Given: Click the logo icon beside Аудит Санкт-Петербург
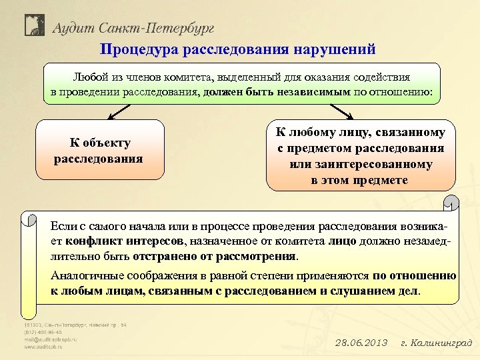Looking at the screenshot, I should click(x=35, y=26).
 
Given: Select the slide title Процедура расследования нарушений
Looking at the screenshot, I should click(x=238, y=49).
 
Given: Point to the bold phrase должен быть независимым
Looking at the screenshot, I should click(x=277, y=91).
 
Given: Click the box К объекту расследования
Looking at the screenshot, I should click(x=100, y=150).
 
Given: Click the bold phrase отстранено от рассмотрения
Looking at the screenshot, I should click(x=215, y=256).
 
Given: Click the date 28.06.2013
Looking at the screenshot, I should click(x=360, y=343).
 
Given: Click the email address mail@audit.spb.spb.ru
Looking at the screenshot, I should click(x=51, y=339).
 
